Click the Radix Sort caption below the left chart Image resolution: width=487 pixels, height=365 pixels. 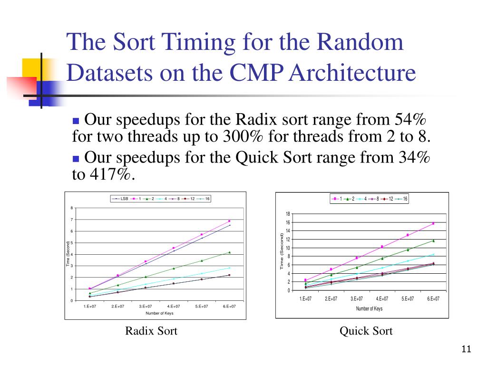coord(151,331)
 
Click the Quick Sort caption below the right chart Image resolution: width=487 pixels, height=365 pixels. coord(366,331)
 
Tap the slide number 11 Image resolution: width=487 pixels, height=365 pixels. coord(466,350)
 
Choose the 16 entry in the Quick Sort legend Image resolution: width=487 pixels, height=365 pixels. coord(405,199)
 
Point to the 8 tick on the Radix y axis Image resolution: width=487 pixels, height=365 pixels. coord(71,208)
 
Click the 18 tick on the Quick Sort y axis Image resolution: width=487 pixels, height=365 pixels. coord(288,214)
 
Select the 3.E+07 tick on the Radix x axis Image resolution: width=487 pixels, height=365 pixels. coord(146,307)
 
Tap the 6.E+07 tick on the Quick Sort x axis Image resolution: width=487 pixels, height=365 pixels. coord(433,298)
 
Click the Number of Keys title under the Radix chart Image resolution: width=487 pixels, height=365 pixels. coord(159,313)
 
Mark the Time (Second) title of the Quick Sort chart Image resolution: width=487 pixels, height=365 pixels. coord(282,252)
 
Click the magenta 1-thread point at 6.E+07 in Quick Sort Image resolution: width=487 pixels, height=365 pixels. coord(433,223)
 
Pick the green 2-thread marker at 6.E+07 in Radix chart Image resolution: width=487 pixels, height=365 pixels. coord(229,252)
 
